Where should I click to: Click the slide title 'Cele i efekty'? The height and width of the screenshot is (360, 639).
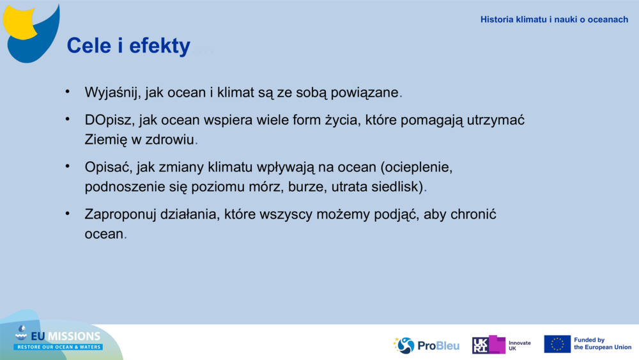[128, 46]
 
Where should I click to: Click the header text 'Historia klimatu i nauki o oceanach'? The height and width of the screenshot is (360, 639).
[554, 20]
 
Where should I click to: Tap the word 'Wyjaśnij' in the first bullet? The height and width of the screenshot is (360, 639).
[111, 93]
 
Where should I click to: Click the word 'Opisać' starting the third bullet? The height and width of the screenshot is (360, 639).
[107, 168]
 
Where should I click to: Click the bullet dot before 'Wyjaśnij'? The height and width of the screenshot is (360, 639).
[67, 92]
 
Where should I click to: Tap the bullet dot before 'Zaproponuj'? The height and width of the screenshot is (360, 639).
[67, 214]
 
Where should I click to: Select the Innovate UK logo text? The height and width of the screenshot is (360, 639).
[519, 345]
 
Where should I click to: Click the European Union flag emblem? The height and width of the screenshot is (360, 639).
[557, 344]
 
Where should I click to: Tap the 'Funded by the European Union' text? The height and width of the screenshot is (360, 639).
[602, 344]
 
